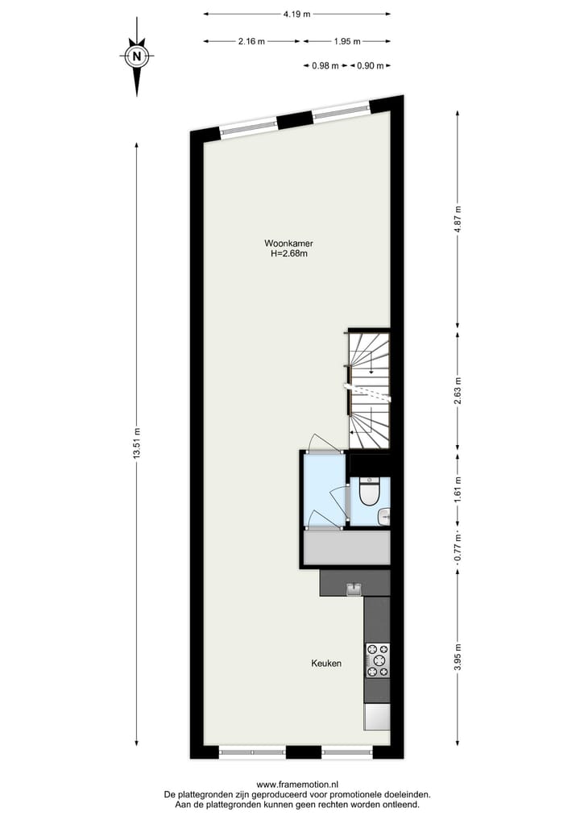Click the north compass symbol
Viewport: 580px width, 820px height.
(137, 56)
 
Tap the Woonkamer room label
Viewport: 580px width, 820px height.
(289, 243)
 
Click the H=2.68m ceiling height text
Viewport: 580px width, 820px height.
(289, 253)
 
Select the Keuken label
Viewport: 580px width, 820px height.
(326, 664)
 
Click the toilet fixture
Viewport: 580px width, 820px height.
(369, 492)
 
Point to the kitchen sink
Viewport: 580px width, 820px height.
(353, 589)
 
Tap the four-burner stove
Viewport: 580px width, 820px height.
(377, 660)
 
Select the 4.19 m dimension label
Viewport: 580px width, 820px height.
(296, 14)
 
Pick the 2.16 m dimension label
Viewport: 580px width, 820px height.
(251, 41)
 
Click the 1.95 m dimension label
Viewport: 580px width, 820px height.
(346, 41)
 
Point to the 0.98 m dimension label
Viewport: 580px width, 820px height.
(325, 66)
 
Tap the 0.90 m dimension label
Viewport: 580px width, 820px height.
(370, 66)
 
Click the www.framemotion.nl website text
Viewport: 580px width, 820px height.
(297, 784)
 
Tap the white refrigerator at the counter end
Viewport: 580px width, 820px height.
(377, 716)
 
